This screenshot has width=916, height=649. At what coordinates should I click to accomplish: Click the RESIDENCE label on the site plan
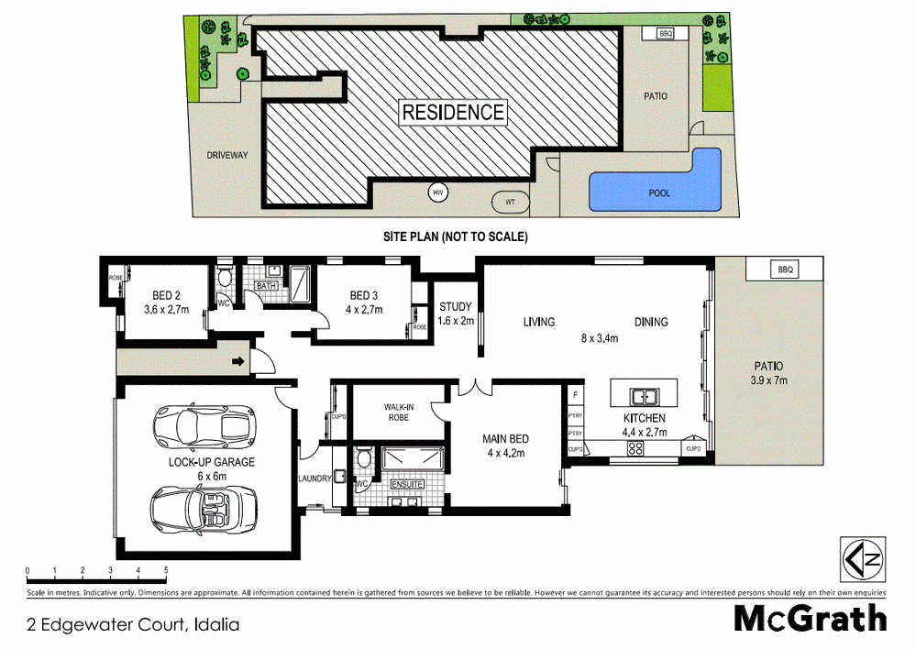(x=453, y=113)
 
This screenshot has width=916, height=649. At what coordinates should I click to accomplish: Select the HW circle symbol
(x=438, y=193)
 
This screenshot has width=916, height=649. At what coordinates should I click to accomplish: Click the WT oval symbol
(x=510, y=201)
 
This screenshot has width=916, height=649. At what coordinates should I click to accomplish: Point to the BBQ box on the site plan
(x=666, y=34)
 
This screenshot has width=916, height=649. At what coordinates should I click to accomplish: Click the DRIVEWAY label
(x=226, y=155)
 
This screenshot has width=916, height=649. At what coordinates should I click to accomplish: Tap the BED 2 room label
(x=165, y=302)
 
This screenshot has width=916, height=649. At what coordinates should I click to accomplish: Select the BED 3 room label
(x=363, y=302)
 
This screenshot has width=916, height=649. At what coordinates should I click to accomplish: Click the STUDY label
(x=456, y=313)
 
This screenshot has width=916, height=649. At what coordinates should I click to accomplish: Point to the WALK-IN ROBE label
(x=396, y=412)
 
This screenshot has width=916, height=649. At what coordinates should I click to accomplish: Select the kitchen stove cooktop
(x=635, y=448)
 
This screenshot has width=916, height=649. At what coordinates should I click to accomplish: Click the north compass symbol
(x=863, y=557)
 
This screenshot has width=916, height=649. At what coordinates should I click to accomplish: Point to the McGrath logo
(x=810, y=619)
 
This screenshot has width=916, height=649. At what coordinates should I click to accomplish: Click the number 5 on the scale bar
(x=166, y=571)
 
